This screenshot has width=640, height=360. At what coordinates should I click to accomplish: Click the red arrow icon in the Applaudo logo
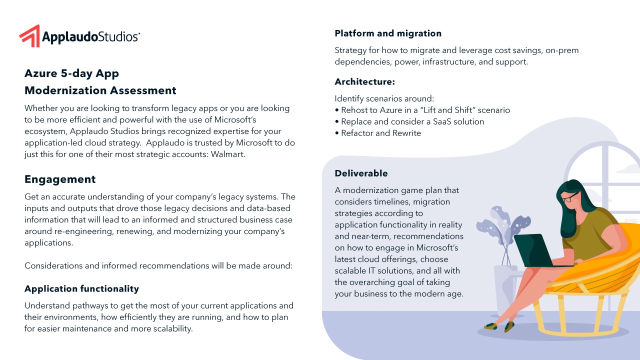click(29, 36)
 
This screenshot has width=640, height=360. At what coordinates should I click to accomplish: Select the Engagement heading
click(60, 179)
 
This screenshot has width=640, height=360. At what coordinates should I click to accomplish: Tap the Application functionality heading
click(81, 288)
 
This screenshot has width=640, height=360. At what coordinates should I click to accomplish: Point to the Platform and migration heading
click(388, 33)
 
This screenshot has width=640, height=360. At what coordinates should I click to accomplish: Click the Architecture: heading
click(364, 81)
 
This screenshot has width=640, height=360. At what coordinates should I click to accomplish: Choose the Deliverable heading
click(361, 173)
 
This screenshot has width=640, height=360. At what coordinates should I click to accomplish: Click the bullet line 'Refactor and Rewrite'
click(381, 133)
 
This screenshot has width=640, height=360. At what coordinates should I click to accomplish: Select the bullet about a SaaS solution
click(412, 121)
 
